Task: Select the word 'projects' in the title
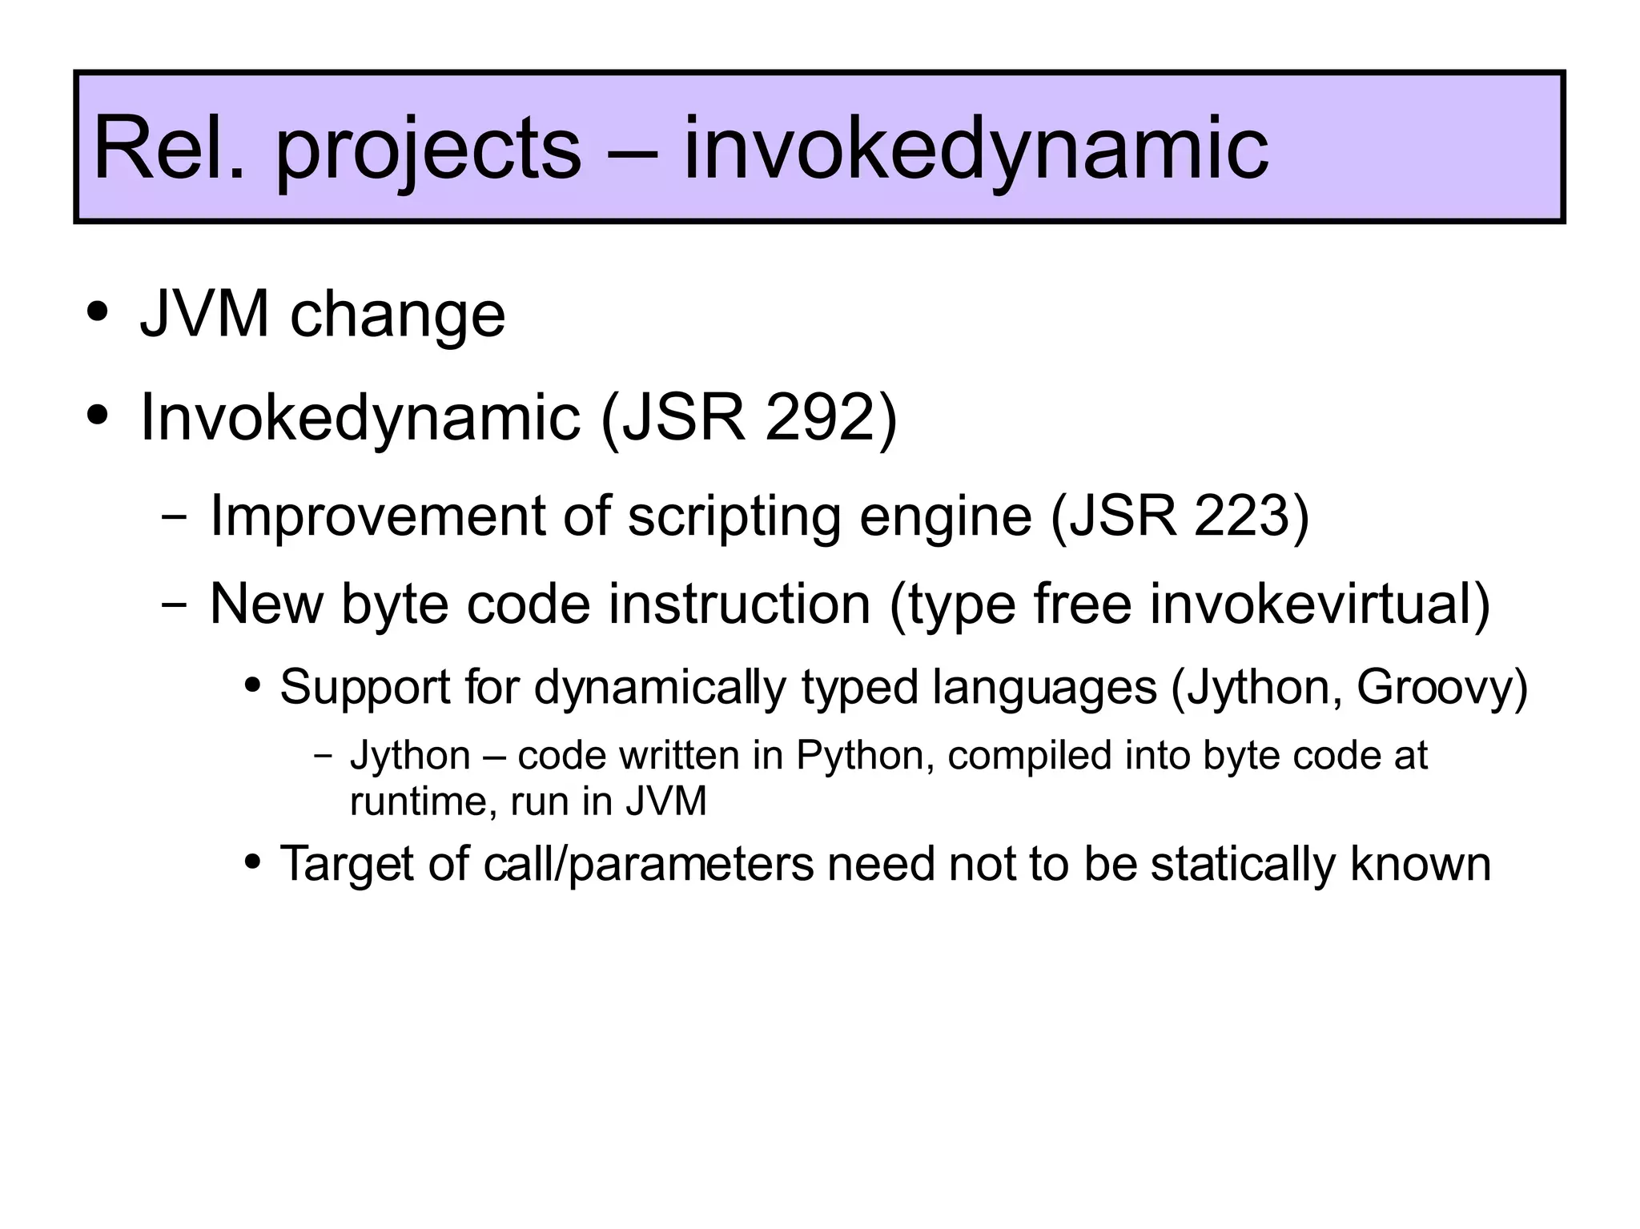pyautogui.click(x=428, y=152)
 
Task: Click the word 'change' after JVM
pyautogui.click(x=397, y=316)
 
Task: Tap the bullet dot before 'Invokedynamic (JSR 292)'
pyautogui.click(x=98, y=416)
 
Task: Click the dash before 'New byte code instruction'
pyautogui.click(x=173, y=604)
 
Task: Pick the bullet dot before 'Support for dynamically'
pyautogui.click(x=253, y=685)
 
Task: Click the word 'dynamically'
pyautogui.click(x=660, y=688)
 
